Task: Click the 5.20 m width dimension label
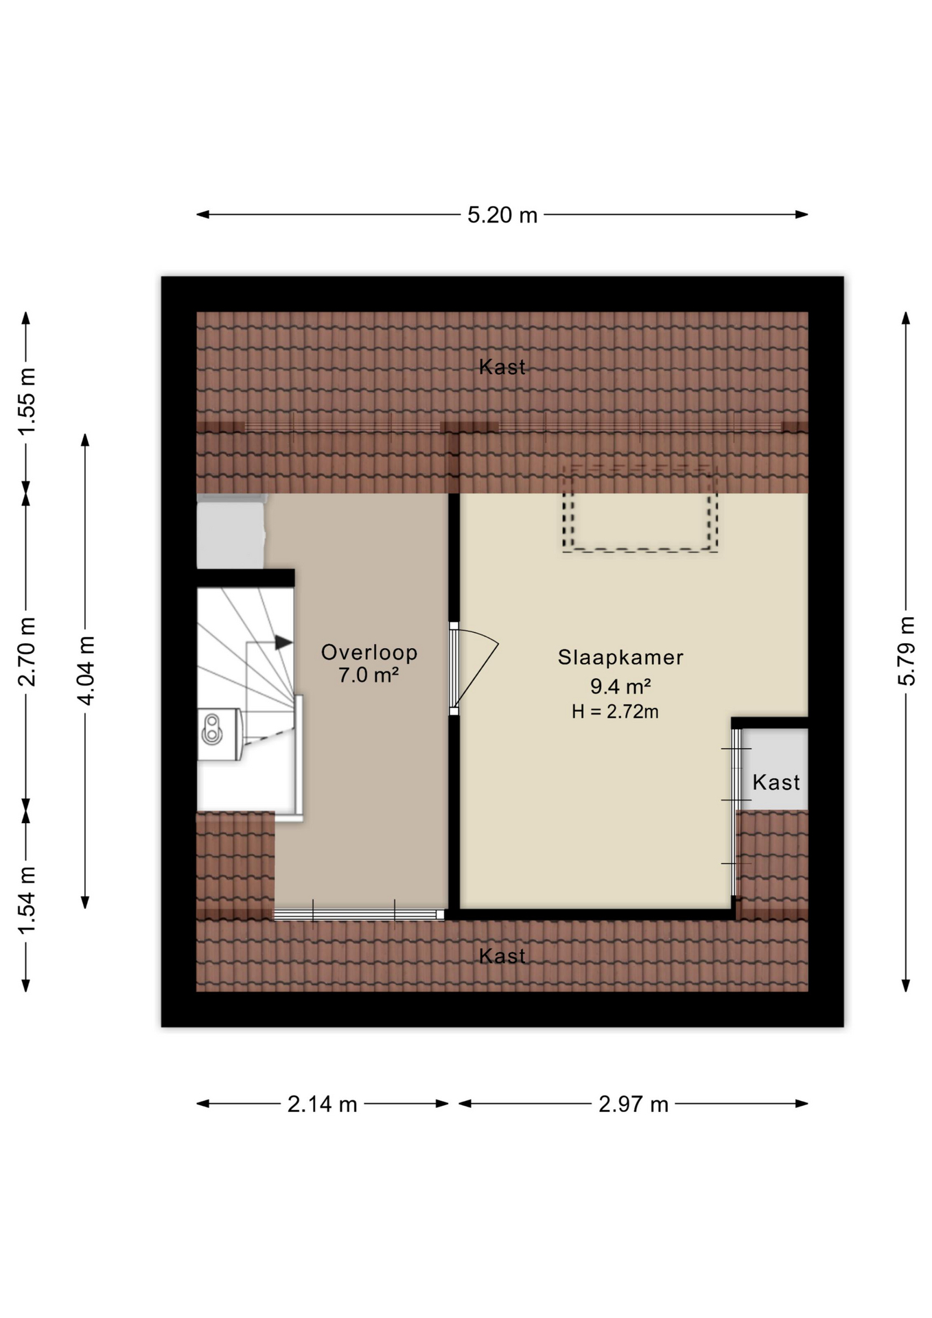coord(502,215)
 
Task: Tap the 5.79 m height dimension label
coord(907,651)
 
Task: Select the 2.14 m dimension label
coord(323,1104)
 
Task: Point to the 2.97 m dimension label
coord(633,1104)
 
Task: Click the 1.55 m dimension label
coord(27,402)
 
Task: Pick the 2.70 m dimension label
coord(27,652)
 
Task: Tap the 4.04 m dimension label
coord(86,671)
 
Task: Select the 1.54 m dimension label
coord(27,901)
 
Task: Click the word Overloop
coord(369,652)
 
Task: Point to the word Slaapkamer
coord(620,658)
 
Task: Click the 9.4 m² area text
coord(620,686)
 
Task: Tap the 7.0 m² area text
coord(369,675)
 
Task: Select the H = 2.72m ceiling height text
coord(615,712)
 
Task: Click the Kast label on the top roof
coord(502,367)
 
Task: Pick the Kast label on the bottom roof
coord(502,956)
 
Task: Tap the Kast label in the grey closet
coord(776,783)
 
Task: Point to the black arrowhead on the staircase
coord(283,643)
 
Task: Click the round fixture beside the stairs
coord(211,730)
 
